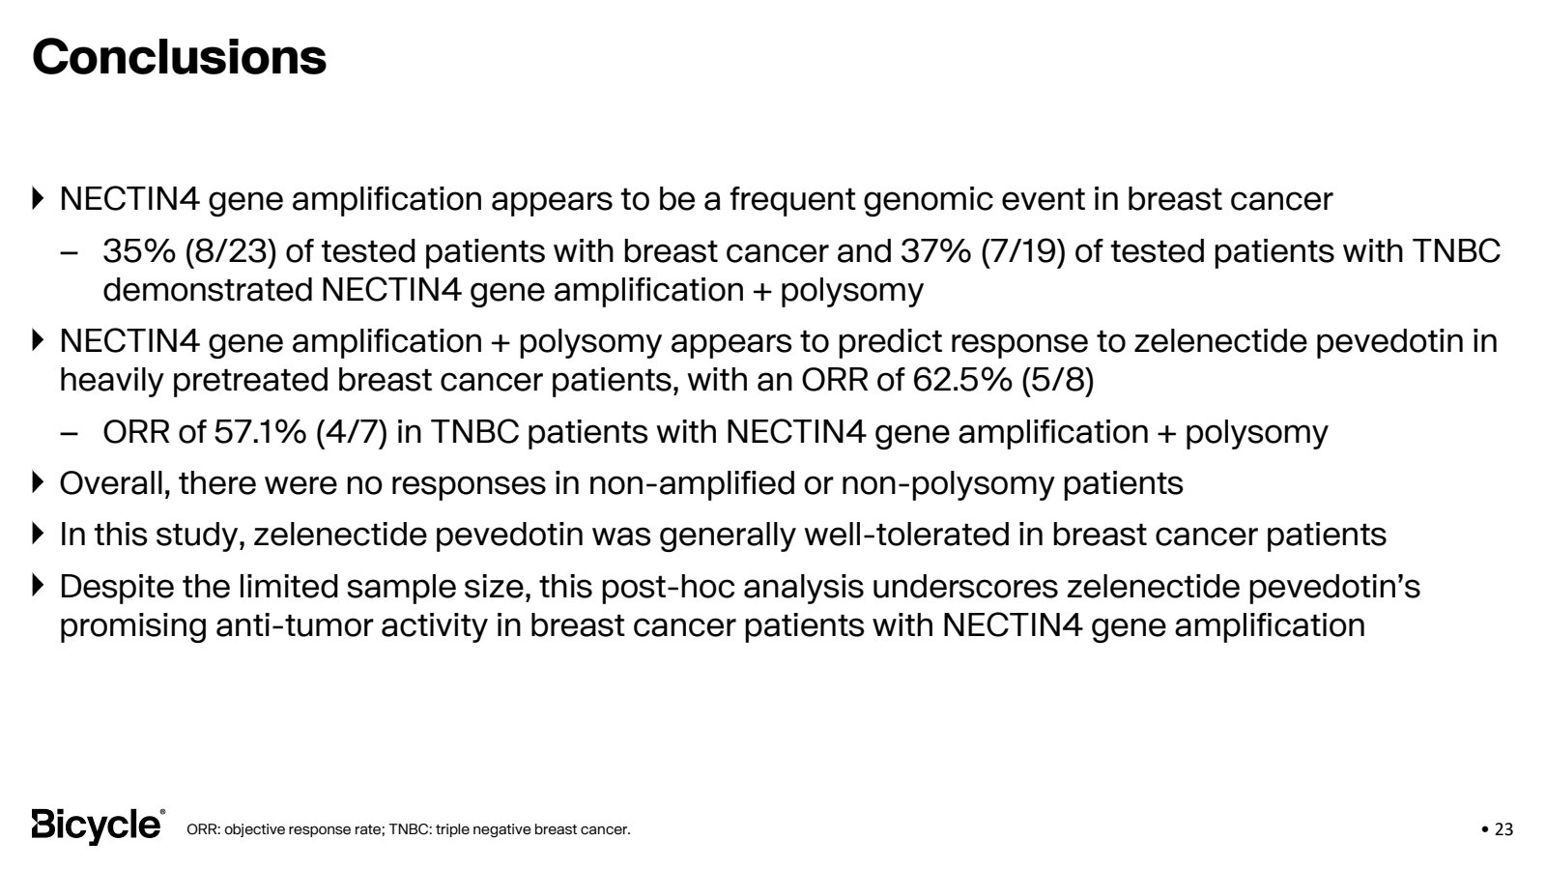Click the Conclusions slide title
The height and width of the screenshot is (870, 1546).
(180, 57)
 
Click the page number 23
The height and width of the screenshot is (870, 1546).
(1504, 829)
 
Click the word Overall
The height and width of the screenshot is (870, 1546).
(114, 483)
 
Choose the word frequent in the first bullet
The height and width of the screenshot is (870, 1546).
(791, 199)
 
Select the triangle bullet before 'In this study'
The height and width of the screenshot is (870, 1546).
(39, 534)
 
